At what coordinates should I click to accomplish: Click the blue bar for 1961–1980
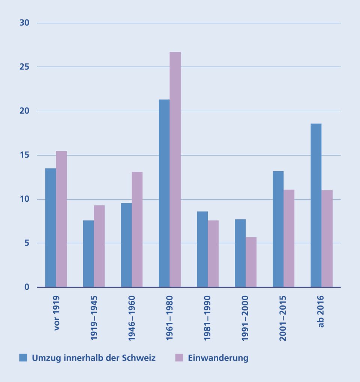point(164,193)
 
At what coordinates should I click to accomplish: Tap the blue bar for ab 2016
point(316,205)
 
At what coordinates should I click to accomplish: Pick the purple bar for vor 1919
point(61,219)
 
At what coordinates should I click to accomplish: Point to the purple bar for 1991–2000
point(251,262)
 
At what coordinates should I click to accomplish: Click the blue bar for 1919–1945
point(88,254)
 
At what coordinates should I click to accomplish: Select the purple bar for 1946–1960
point(137,229)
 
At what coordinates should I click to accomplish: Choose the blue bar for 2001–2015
point(278,229)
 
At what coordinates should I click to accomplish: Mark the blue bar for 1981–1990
point(202,249)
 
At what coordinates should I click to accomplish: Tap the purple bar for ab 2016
point(327,238)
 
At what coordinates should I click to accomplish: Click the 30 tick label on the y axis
point(24,23)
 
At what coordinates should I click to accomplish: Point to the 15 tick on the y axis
point(24,155)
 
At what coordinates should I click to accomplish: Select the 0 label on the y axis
point(27,287)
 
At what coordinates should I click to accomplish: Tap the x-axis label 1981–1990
point(208,318)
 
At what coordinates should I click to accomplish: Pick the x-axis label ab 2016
point(321,312)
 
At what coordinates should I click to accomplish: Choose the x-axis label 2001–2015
point(283,318)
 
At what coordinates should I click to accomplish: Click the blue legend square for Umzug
point(23,358)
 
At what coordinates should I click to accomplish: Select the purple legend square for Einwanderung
point(179,358)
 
